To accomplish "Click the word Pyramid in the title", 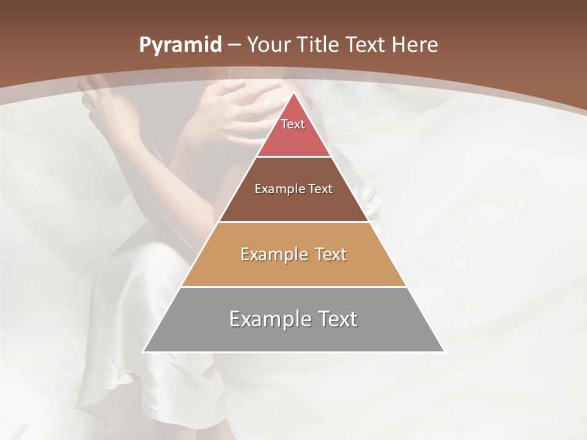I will tap(180, 45).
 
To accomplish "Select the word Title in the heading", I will tap(319, 45).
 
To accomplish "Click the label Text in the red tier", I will tap(293, 124).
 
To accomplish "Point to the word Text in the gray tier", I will tap(337, 319).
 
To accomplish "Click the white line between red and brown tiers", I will tap(293, 157).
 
